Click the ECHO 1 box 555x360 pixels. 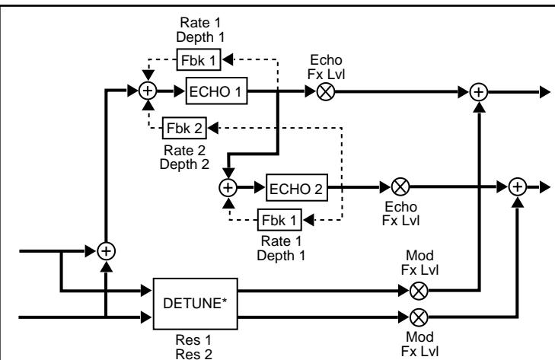pyautogui.click(x=215, y=91)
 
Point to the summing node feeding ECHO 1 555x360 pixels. pyautogui.click(x=148, y=91)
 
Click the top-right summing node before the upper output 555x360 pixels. pyautogui.click(x=479, y=91)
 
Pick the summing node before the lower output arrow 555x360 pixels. pyautogui.click(x=518, y=186)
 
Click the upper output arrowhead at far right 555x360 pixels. pyautogui.click(x=544, y=91)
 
